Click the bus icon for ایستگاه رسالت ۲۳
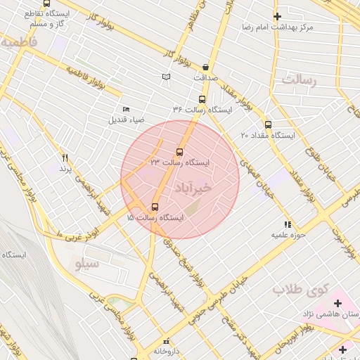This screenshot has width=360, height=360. point(179,152)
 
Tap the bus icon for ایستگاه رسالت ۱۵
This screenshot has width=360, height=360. point(155,207)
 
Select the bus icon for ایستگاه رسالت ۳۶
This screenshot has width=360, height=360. point(202,99)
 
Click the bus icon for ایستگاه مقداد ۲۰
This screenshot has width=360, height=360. point(268,124)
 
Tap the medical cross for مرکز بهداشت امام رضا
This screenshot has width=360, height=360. point(277,15)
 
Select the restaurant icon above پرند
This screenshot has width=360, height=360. point(65,157)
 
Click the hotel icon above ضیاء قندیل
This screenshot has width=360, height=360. point(126,109)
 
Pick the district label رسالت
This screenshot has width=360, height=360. point(300,80)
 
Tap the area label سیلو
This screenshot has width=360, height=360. point(87,263)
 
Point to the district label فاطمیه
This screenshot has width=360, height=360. point(18,42)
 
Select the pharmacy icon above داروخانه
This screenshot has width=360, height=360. point(167,341)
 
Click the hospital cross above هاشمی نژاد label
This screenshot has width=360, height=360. point(338,304)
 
